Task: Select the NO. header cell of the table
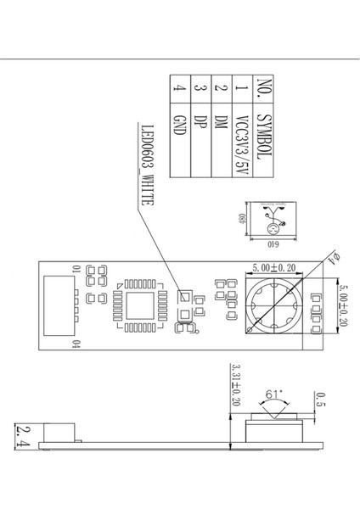(x=263, y=90)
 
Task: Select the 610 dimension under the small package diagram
(x=273, y=247)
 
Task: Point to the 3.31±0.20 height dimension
(x=235, y=386)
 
